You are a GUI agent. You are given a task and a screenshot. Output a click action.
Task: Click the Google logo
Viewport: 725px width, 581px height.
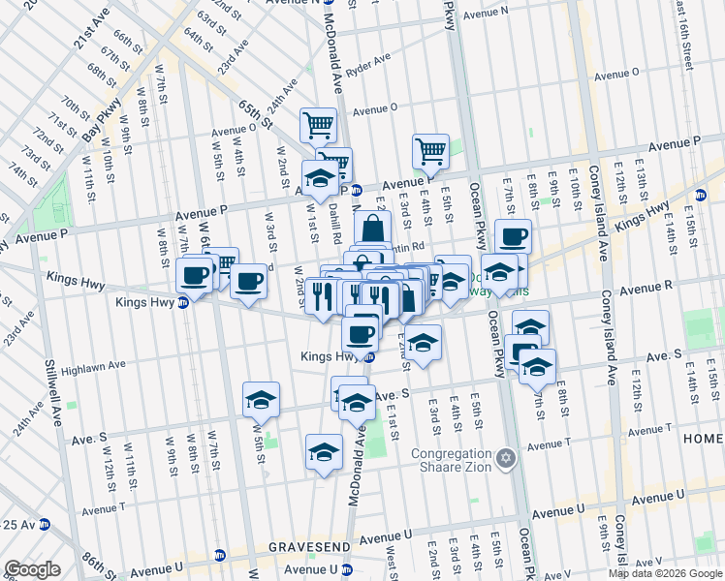point(31,569)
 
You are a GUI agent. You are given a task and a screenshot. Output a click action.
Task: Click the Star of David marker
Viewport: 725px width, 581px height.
point(504,456)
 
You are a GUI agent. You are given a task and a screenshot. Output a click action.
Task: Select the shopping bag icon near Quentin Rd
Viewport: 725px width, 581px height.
point(372,231)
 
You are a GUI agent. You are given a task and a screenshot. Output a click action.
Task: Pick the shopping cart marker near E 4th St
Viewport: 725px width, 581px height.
point(430,150)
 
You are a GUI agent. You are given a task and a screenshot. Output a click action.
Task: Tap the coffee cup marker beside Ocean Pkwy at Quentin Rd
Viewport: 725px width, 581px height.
point(513,235)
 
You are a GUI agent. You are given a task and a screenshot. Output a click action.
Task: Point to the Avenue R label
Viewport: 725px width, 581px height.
point(647,288)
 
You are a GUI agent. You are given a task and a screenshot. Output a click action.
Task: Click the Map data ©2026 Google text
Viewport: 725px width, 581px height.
point(665,573)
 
